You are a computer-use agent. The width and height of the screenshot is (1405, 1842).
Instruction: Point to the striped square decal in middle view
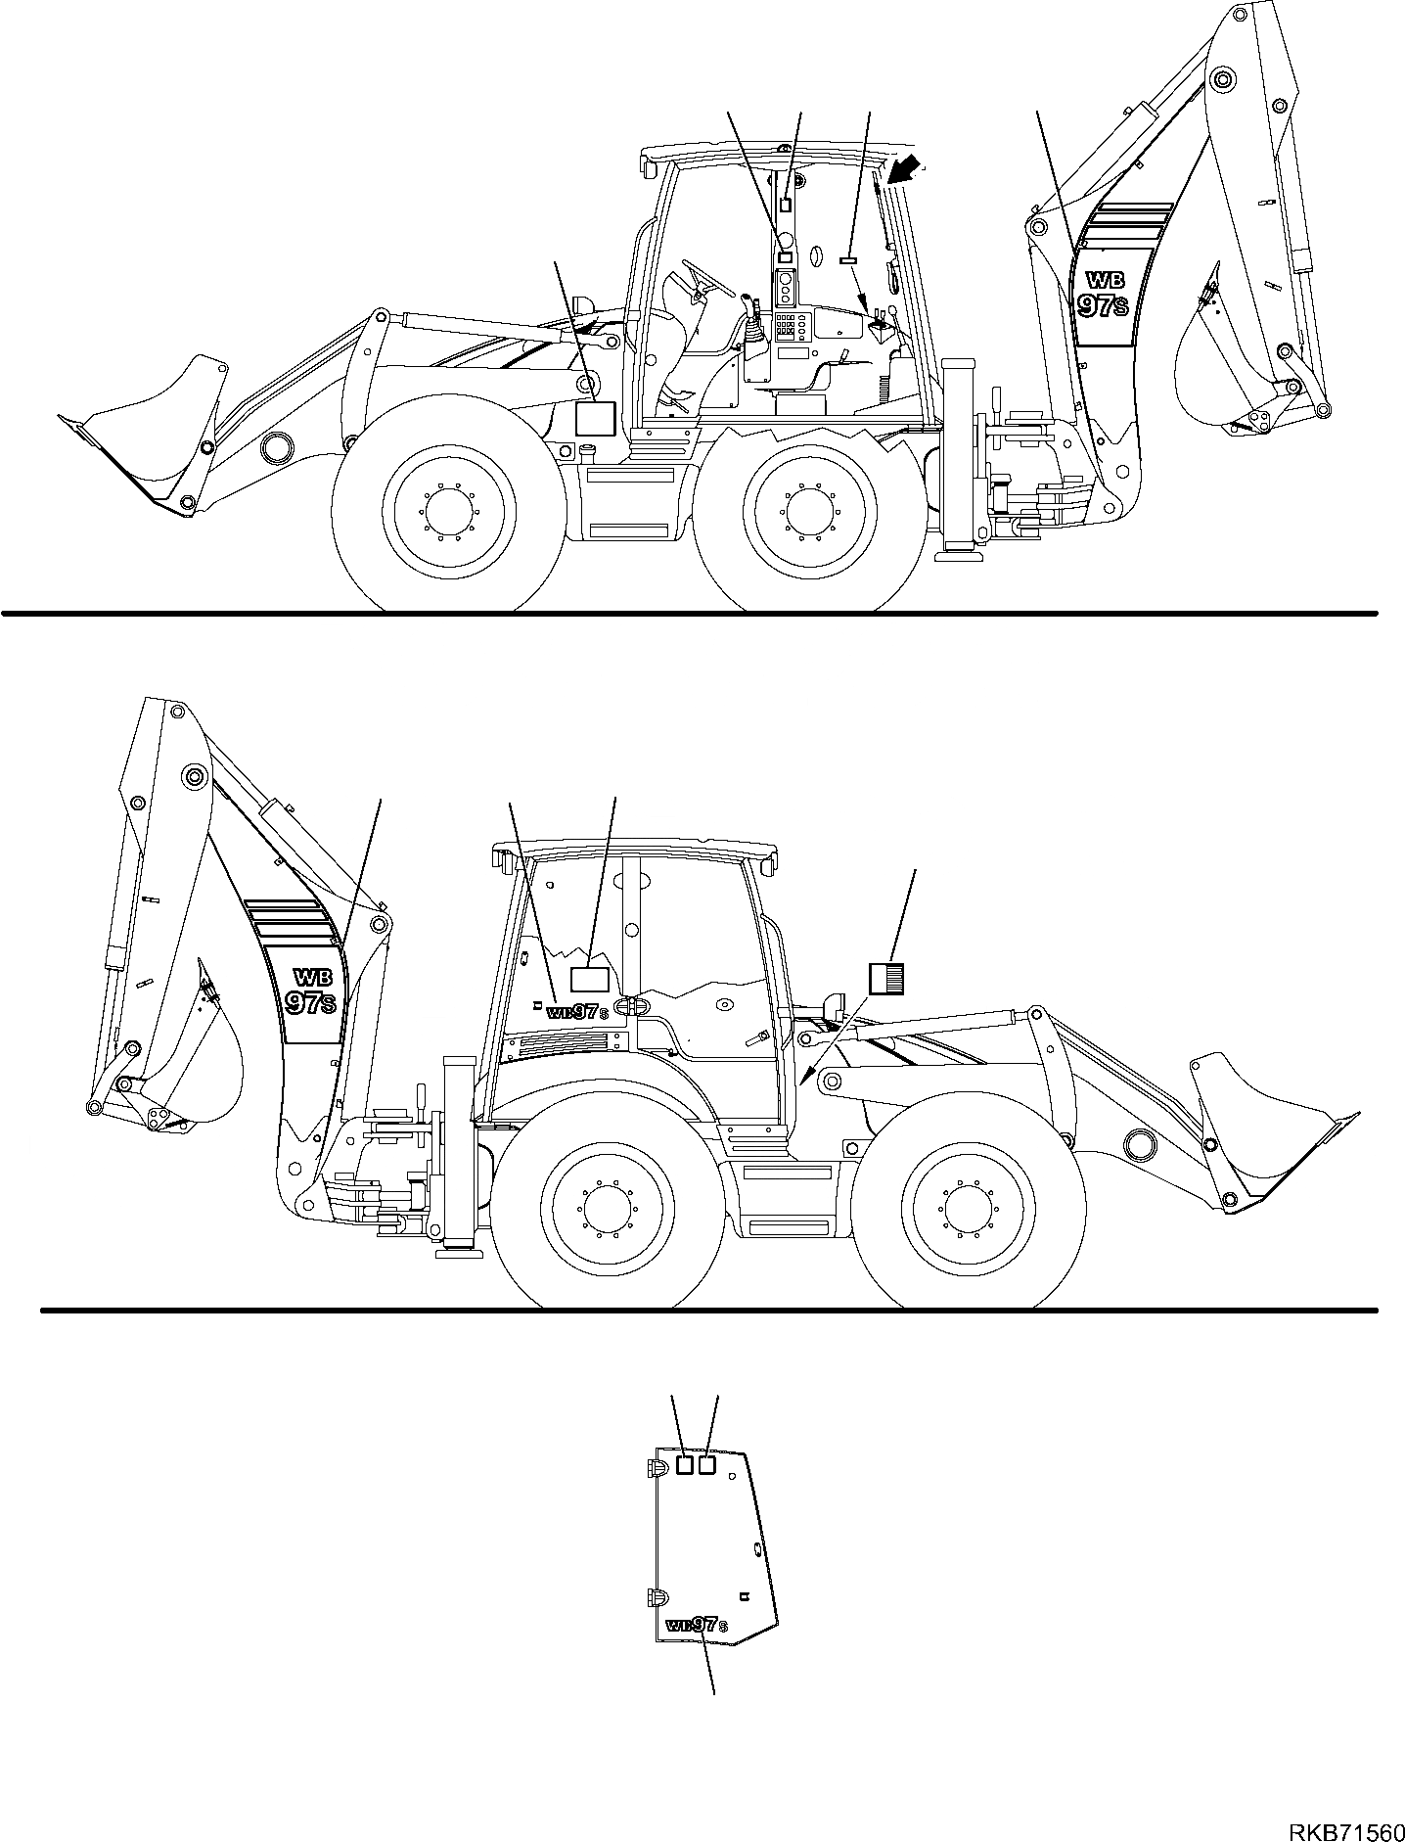pyautogui.click(x=886, y=978)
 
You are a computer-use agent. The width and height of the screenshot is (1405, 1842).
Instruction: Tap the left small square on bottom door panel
pyautogui.click(x=686, y=1492)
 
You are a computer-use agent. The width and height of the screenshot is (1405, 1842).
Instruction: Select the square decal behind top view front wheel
pyautogui.click(x=594, y=419)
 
